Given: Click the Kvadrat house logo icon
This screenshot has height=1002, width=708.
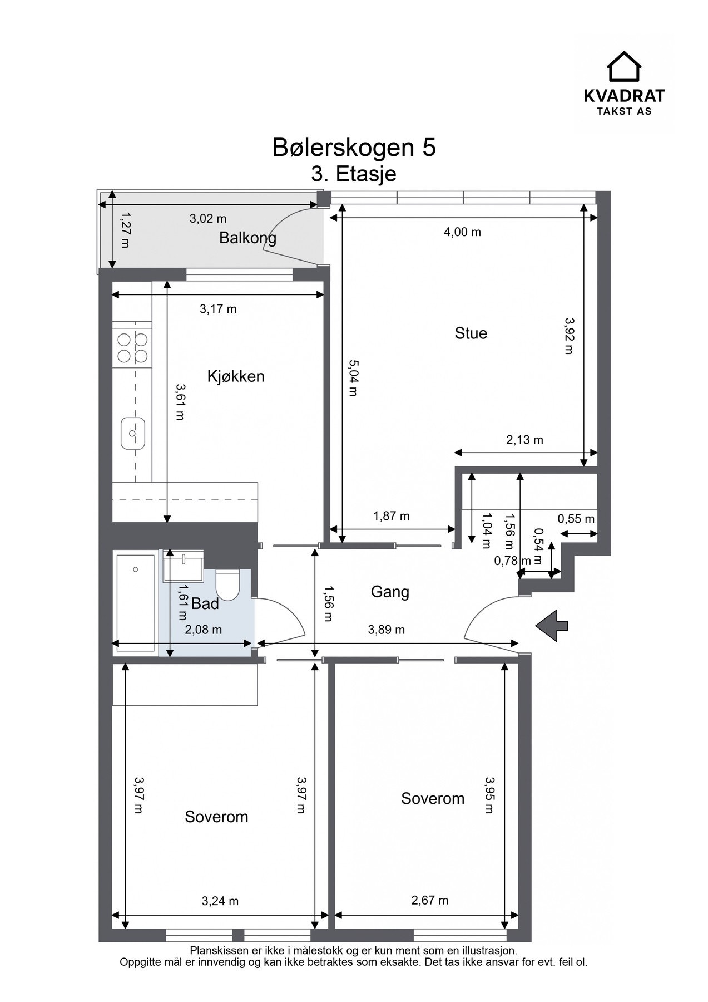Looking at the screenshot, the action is [x=623, y=66].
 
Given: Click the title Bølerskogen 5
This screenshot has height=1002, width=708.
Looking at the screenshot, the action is [x=354, y=148].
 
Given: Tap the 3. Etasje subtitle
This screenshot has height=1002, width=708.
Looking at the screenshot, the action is [x=354, y=174].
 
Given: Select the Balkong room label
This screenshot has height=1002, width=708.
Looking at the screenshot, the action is [x=247, y=238].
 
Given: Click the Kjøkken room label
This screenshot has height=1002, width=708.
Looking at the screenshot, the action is [x=236, y=376].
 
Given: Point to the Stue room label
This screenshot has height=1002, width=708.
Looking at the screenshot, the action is [x=471, y=333].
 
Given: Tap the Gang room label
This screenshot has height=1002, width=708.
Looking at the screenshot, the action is [x=390, y=592].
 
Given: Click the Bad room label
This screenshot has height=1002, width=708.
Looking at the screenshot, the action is [x=205, y=603].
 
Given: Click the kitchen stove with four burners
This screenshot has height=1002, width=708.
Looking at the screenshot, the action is [x=132, y=347].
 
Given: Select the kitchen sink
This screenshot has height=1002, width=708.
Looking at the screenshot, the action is [x=133, y=433].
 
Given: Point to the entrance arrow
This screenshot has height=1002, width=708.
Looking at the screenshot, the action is [x=552, y=625].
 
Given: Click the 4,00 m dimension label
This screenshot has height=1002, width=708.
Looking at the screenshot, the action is [x=462, y=232].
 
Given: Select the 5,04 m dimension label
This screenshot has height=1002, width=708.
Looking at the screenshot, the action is [x=353, y=377].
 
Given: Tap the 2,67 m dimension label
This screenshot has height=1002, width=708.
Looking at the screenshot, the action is [x=430, y=900].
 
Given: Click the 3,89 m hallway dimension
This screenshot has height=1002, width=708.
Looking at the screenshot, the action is [x=387, y=630].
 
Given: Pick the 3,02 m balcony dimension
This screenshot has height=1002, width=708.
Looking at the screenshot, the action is [x=208, y=219].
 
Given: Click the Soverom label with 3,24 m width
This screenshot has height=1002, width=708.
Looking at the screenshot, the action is [x=216, y=817].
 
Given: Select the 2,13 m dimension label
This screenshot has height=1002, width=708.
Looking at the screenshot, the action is [x=524, y=440].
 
